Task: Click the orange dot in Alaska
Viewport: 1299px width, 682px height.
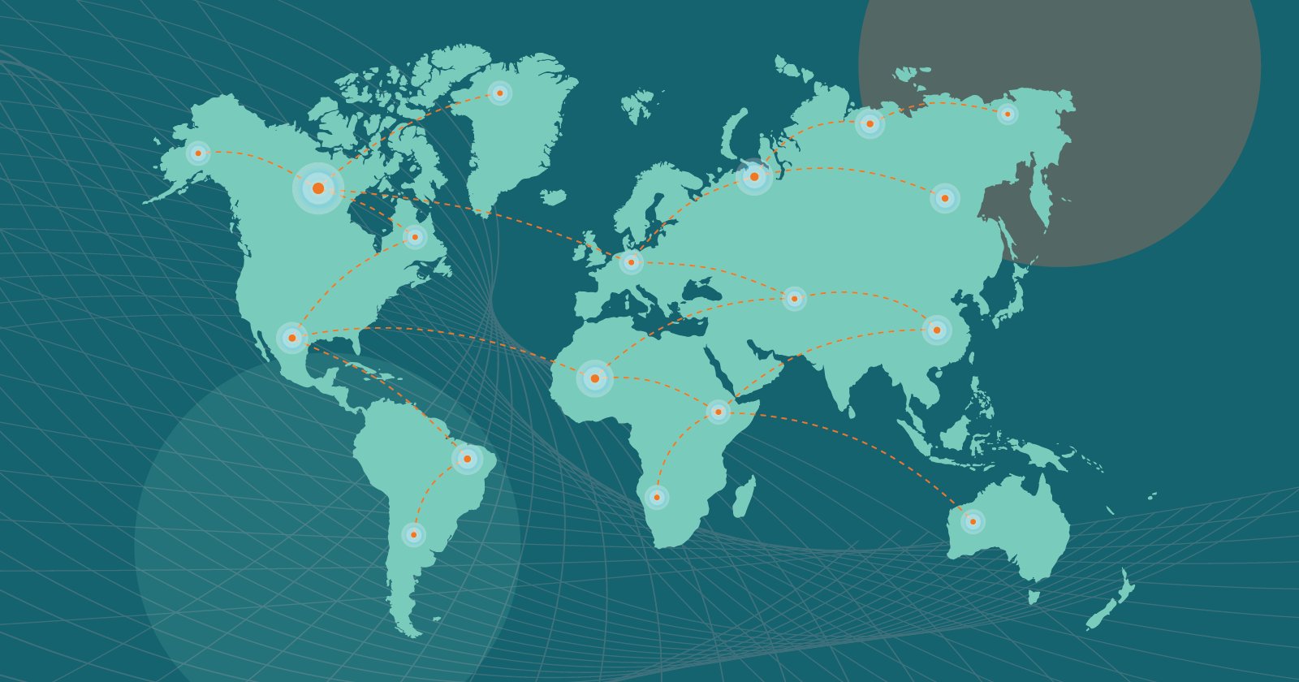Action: [x=198, y=153]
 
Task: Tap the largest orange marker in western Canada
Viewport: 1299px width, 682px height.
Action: [x=318, y=188]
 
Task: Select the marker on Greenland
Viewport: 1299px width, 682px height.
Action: [x=499, y=93]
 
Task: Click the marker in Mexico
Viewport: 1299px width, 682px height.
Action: [x=292, y=338]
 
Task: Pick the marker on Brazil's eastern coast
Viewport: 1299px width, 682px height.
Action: [x=467, y=459]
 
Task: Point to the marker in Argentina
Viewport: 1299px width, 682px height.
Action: [x=414, y=534]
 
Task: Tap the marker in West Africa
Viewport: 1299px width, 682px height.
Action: [x=594, y=378]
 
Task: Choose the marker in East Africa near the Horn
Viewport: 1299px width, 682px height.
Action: [x=718, y=412]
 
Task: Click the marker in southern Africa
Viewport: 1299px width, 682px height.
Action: [x=657, y=497]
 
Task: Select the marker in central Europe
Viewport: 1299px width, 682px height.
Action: [x=631, y=262]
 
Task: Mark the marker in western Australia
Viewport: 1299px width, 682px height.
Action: [x=973, y=521]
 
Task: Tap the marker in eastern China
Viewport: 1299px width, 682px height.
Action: [x=937, y=330]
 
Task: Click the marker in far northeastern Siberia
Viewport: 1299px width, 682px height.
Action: [x=1008, y=114]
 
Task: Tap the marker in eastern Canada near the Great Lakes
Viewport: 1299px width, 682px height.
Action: [x=415, y=236]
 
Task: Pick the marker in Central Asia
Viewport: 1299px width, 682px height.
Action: [x=794, y=299]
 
